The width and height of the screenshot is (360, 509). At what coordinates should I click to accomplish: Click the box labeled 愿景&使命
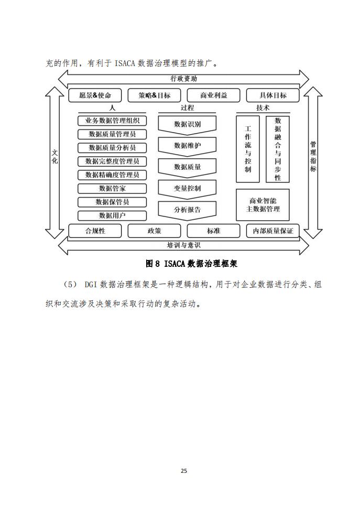95,95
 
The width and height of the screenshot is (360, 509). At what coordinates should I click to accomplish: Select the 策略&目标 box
154,95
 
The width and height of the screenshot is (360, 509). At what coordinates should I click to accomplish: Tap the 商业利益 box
214,95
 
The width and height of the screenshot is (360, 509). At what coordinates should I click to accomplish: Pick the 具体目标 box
272,95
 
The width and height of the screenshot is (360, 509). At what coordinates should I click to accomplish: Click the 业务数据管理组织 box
112,121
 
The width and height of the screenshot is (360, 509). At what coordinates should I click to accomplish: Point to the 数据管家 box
112,188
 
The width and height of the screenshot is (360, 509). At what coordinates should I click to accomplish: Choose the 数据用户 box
112,215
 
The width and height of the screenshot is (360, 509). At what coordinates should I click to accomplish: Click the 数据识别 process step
187,125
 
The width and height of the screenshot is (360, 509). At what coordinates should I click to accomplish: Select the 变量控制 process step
187,189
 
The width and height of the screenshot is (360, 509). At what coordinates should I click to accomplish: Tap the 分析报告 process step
187,210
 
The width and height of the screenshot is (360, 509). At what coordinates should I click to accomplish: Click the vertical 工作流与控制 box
248,149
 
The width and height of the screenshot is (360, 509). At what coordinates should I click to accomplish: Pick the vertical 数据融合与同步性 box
278,149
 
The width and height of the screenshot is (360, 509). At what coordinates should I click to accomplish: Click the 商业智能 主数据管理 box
263,205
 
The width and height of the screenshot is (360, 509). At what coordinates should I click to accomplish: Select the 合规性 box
95,231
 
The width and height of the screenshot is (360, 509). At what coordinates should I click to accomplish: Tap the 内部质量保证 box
272,231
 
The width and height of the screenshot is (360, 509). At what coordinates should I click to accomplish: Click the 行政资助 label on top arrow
184,79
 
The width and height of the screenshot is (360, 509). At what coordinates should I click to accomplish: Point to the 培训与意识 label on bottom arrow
184,245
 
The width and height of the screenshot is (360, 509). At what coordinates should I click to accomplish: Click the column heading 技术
263,108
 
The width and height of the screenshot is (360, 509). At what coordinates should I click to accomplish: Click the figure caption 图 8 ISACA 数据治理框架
191,263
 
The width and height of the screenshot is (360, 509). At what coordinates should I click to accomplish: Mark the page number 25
184,471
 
